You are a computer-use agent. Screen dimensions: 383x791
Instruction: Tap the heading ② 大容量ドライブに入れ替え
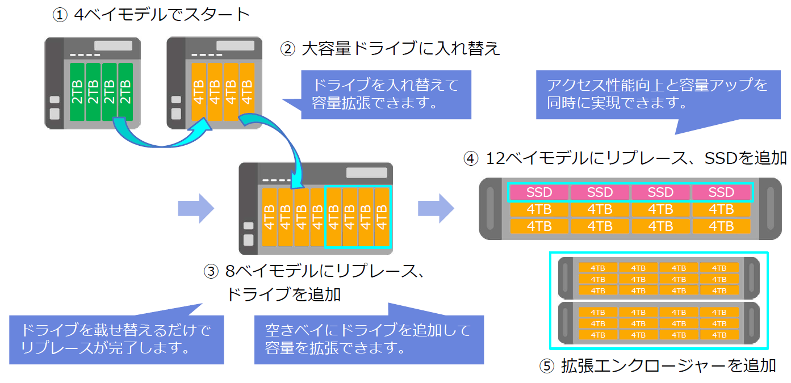(x=391, y=49)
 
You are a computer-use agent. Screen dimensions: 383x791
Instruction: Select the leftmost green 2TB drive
(x=77, y=92)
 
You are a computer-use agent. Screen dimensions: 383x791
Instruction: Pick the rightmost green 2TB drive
(x=125, y=92)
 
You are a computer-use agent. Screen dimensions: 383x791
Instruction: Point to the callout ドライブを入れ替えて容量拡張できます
(x=386, y=94)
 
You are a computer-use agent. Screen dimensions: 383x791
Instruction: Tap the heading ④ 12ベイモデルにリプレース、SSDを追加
(x=625, y=158)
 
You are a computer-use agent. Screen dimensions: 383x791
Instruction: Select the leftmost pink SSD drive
(x=539, y=192)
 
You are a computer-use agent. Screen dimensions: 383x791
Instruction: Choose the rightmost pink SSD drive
(x=721, y=192)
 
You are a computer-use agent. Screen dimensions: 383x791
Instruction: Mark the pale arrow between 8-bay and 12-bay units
(x=436, y=208)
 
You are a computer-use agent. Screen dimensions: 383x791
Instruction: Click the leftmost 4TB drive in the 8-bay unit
(x=270, y=217)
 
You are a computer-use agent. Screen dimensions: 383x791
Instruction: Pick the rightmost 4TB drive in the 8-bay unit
(x=382, y=217)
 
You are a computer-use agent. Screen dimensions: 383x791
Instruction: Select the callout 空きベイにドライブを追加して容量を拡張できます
(x=369, y=338)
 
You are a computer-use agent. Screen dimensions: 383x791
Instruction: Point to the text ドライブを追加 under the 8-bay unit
(x=283, y=294)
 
